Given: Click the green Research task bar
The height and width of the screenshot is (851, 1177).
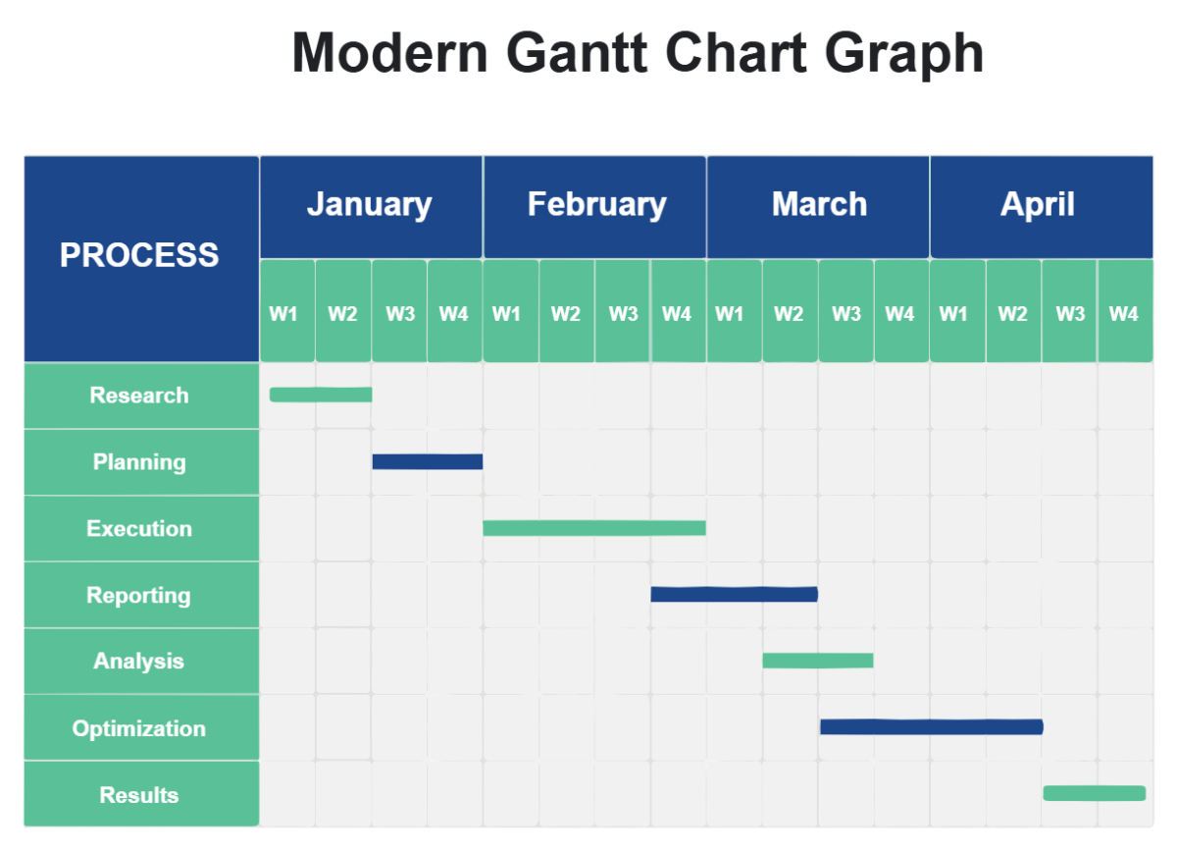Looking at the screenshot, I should (321, 395).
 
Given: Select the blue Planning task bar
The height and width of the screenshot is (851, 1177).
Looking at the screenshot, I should (427, 461).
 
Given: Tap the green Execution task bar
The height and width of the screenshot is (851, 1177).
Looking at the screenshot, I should (594, 528).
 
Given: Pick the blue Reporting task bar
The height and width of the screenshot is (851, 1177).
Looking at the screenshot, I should (734, 594).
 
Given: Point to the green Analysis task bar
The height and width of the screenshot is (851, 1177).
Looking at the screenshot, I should (818, 661).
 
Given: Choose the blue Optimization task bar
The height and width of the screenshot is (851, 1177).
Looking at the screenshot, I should (931, 727).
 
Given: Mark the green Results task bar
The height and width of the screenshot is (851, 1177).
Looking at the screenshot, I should (1094, 793).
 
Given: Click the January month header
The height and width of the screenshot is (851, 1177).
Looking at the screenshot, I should (370, 204).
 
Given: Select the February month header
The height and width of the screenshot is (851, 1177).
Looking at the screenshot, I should (595, 204).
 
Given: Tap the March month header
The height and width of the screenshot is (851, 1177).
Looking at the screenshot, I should (819, 204).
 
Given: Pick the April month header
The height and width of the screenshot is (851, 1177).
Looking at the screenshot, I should (1038, 204).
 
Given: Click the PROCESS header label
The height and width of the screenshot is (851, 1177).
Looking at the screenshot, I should (139, 255).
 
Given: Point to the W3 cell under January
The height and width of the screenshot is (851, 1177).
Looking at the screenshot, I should (399, 314).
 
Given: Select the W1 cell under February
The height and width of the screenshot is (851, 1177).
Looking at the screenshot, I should (507, 314).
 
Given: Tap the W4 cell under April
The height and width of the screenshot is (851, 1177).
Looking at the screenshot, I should (1124, 314).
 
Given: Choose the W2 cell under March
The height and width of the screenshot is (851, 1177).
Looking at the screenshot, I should (789, 314).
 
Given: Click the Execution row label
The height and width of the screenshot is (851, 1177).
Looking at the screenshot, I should (139, 528).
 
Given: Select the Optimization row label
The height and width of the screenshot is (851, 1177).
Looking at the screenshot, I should (139, 728).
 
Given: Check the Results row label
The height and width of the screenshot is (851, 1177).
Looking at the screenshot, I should (139, 795).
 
